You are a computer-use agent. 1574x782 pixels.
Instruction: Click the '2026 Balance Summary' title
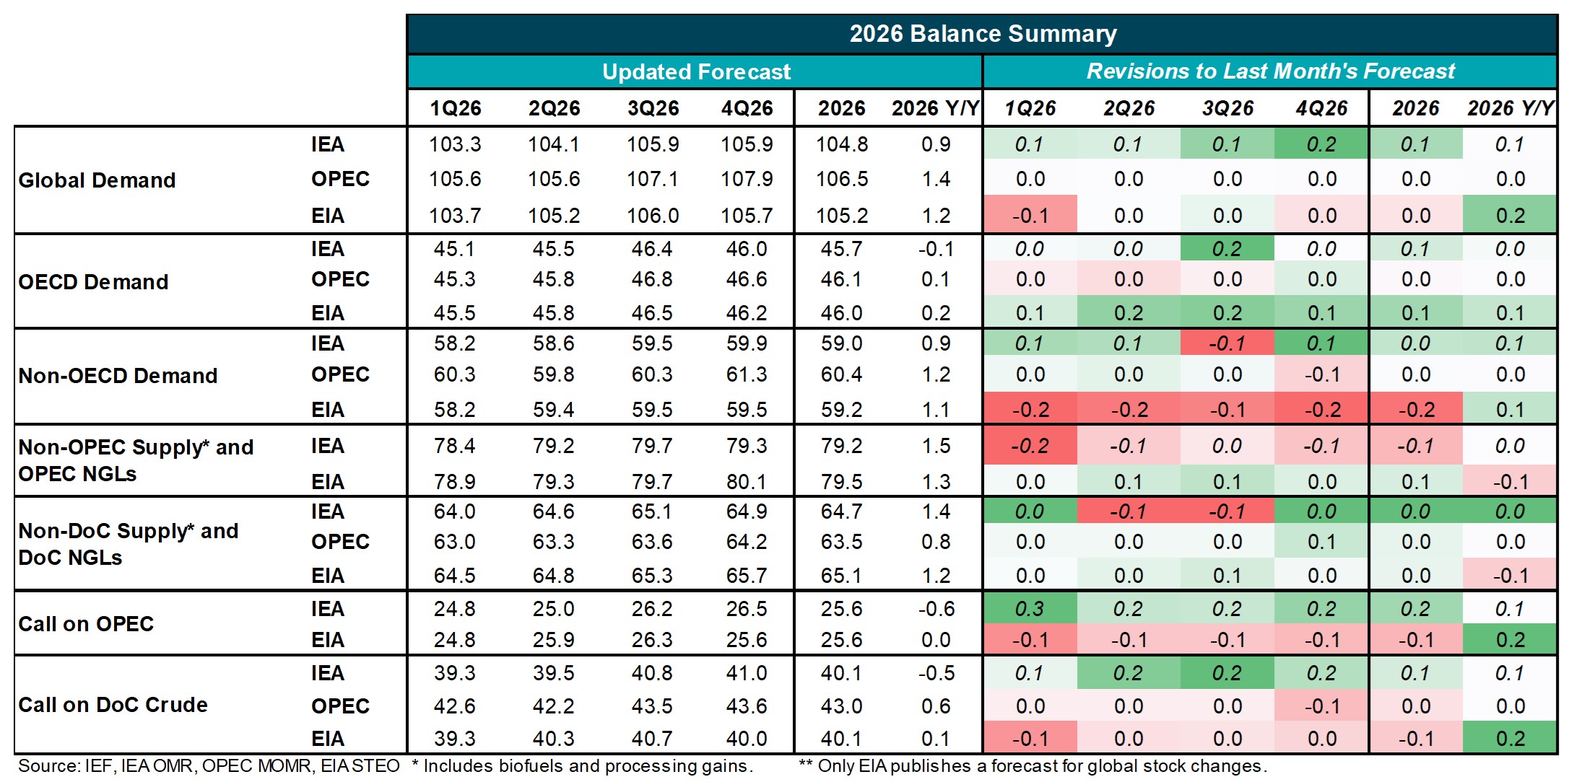(x=983, y=34)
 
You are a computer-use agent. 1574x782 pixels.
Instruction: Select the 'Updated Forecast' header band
(x=696, y=71)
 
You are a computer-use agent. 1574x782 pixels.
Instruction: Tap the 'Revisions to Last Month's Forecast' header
(x=1270, y=71)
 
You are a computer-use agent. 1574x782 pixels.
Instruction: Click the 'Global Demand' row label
(x=97, y=180)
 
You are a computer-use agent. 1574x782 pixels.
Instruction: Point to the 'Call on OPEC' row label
(x=86, y=623)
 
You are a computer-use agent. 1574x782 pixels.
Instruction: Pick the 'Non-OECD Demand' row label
(x=118, y=375)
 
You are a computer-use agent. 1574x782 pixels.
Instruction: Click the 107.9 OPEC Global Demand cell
(x=747, y=179)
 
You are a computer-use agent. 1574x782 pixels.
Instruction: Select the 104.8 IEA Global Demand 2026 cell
(x=841, y=144)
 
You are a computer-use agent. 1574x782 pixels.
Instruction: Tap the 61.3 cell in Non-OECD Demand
(x=747, y=374)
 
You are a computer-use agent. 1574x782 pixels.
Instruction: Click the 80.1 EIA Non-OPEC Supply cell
(x=747, y=481)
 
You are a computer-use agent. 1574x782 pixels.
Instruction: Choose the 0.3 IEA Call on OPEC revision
(x=1030, y=609)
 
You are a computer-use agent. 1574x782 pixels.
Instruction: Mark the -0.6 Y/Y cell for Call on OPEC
(x=936, y=609)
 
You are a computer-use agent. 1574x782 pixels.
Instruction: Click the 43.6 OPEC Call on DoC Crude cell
(x=747, y=706)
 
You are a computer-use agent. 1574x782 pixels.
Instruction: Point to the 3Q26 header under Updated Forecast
(x=653, y=108)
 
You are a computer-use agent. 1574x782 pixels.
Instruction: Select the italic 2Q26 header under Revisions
(x=1129, y=108)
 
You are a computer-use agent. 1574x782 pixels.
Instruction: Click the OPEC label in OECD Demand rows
(x=340, y=279)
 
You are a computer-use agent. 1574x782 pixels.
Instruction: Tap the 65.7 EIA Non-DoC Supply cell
(x=747, y=576)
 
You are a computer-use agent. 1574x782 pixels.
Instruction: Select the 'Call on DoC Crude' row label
(x=113, y=704)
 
